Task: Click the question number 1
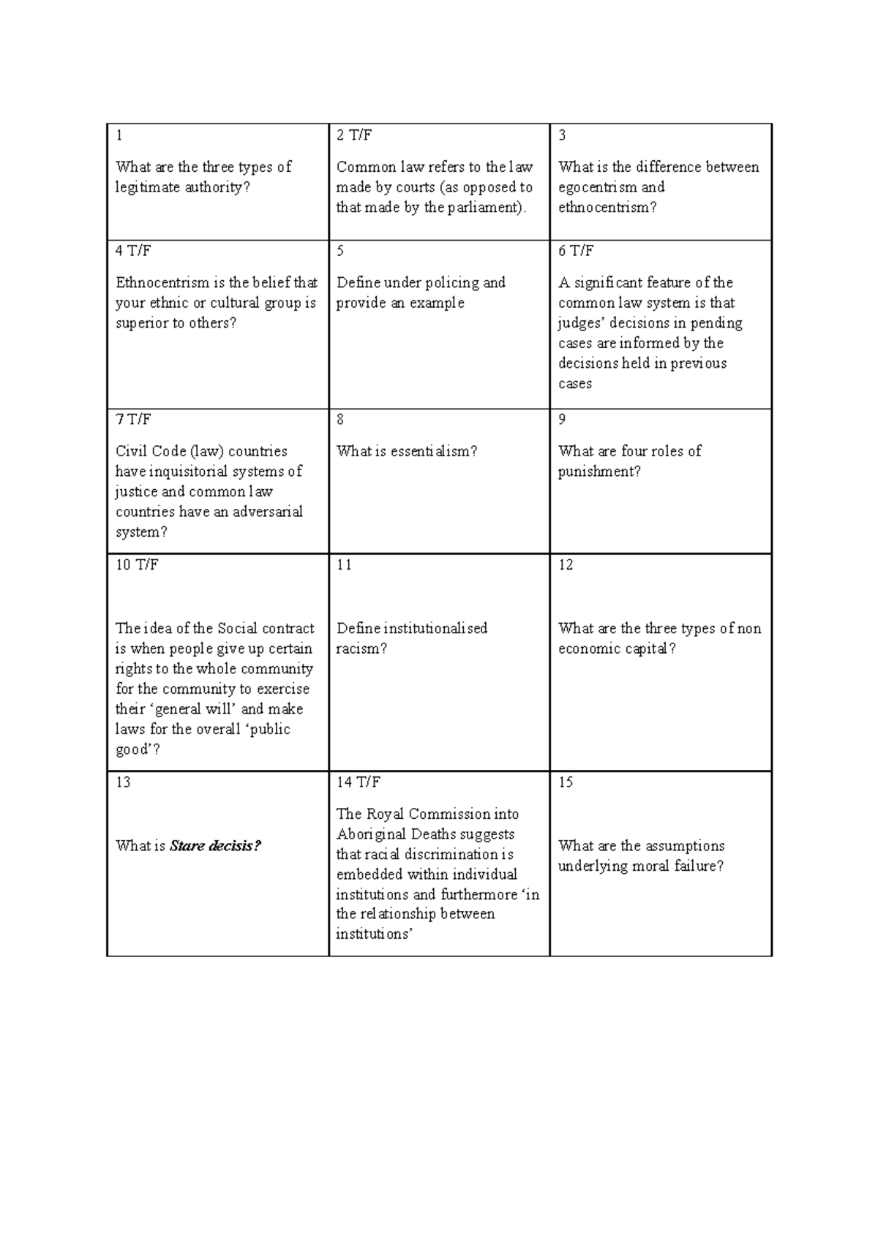click(x=119, y=135)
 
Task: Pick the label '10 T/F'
click(x=137, y=565)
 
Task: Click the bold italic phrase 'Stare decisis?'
click(x=215, y=847)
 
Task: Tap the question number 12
click(x=566, y=565)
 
